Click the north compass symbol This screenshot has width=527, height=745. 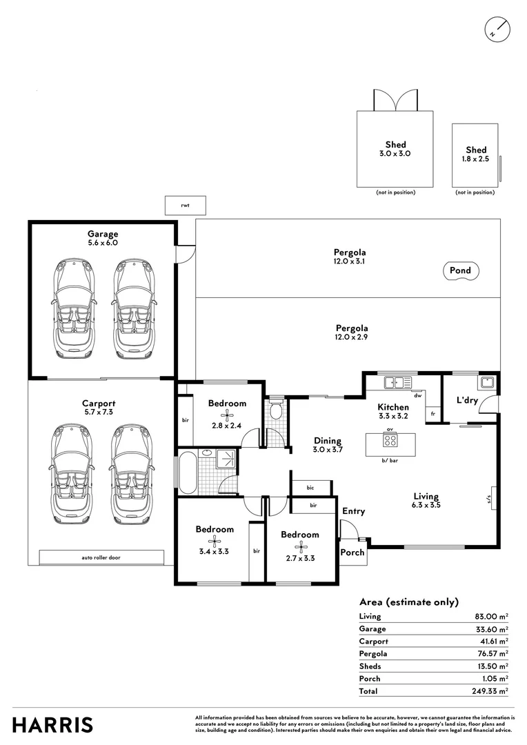click(497, 30)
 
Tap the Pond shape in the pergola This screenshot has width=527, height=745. click(461, 270)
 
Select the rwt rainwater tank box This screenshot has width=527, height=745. click(185, 205)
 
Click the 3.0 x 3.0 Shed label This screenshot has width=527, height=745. click(395, 150)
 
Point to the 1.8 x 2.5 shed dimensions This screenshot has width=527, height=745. click(475, 159)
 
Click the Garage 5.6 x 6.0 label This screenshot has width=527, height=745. click(102, 238)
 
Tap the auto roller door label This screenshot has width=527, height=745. click(101, 557)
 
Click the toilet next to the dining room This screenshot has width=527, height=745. click(276, 411)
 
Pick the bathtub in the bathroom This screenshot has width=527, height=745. click(188, 473)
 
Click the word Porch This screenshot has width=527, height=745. click(352, 553)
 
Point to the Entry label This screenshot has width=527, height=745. click(353, 511)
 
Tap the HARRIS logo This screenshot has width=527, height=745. click(52, 725)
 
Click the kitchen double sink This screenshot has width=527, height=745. click(398, 381)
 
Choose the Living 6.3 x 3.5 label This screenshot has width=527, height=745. click(426, 500)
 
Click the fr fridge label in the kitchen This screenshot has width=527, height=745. click(432, 414)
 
